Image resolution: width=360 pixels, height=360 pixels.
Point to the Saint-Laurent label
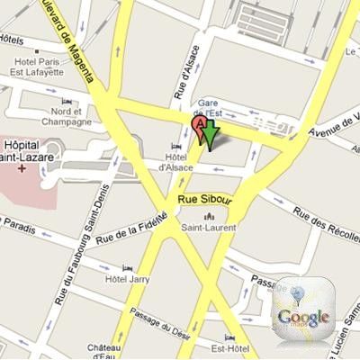211,229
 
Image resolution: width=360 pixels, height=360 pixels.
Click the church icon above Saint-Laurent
211,216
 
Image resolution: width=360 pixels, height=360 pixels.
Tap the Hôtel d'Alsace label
175,159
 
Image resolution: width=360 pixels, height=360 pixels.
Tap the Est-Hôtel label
229,339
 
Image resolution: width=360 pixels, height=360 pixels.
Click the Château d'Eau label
105,350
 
